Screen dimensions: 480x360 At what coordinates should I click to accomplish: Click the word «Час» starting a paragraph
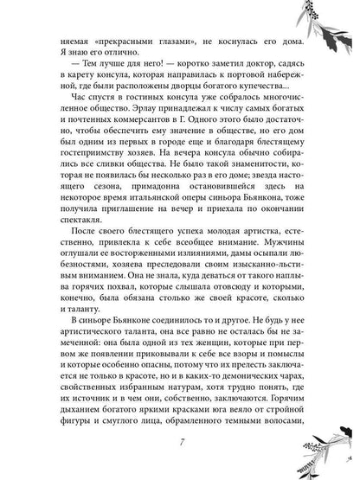(65, 119)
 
